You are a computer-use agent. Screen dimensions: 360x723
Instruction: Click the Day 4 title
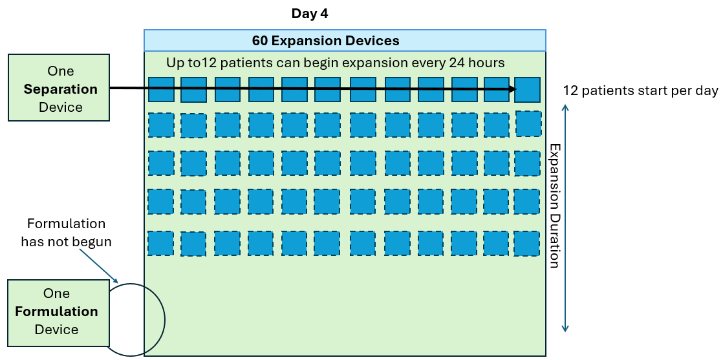(314, 14)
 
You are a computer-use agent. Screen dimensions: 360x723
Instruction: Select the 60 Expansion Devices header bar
(345, 41)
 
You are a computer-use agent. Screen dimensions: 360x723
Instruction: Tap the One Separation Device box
(59, 88)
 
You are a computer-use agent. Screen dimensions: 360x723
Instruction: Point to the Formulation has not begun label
(66, 233)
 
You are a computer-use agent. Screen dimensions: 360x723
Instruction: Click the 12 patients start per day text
(640, 90)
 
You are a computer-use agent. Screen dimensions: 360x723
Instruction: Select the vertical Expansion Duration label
(554, 206)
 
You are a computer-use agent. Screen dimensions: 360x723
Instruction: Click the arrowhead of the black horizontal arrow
(513, 89)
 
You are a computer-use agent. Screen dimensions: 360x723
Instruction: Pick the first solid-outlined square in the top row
(161, 89)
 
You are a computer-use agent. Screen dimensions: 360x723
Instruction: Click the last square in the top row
(527, 89)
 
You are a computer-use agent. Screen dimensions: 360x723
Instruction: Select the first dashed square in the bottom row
(160, 243)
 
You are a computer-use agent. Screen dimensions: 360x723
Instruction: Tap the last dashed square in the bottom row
(527, 243)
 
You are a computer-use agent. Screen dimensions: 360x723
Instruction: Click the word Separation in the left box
(61, 89)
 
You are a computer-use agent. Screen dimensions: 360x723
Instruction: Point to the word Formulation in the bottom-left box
(57, 312)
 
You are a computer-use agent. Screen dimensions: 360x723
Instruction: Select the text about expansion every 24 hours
(336, 63)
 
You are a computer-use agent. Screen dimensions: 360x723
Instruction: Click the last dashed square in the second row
(528, 124)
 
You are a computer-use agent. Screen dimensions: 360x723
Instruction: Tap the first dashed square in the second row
(161, 125)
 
